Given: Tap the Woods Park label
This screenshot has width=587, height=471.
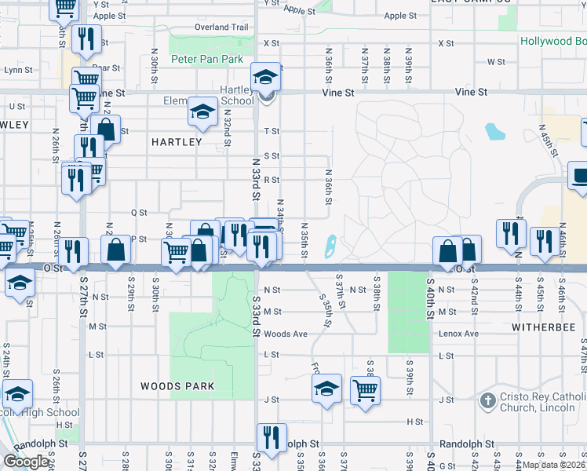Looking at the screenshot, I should (x=177, y=386).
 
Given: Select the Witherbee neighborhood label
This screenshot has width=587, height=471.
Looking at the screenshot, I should (x=538, y=325).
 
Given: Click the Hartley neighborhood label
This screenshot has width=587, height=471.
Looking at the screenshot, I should (x=177, y=142).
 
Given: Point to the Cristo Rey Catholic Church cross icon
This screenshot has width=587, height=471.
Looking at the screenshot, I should (x=487, y=400).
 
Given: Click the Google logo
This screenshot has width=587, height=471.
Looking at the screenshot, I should (x=27, y=461).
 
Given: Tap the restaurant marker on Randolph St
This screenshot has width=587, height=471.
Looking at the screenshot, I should (x=272, y=438).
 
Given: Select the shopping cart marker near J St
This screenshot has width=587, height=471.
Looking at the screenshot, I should (x=365, y=390).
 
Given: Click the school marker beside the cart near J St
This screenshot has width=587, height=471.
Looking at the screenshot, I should (x=326, y=388).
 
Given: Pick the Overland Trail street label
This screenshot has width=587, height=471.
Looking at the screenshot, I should (x=222, y=27).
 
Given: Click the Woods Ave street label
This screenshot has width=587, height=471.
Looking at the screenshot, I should (x=285, y=334).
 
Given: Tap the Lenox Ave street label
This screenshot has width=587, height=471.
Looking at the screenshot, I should (x=459, y=334).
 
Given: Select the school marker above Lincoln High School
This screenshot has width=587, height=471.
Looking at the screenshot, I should (x=17, y=395).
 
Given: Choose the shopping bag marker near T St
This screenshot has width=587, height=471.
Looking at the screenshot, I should (x=105, y=130).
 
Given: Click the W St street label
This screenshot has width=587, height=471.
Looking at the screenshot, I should (x=496, y=61).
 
